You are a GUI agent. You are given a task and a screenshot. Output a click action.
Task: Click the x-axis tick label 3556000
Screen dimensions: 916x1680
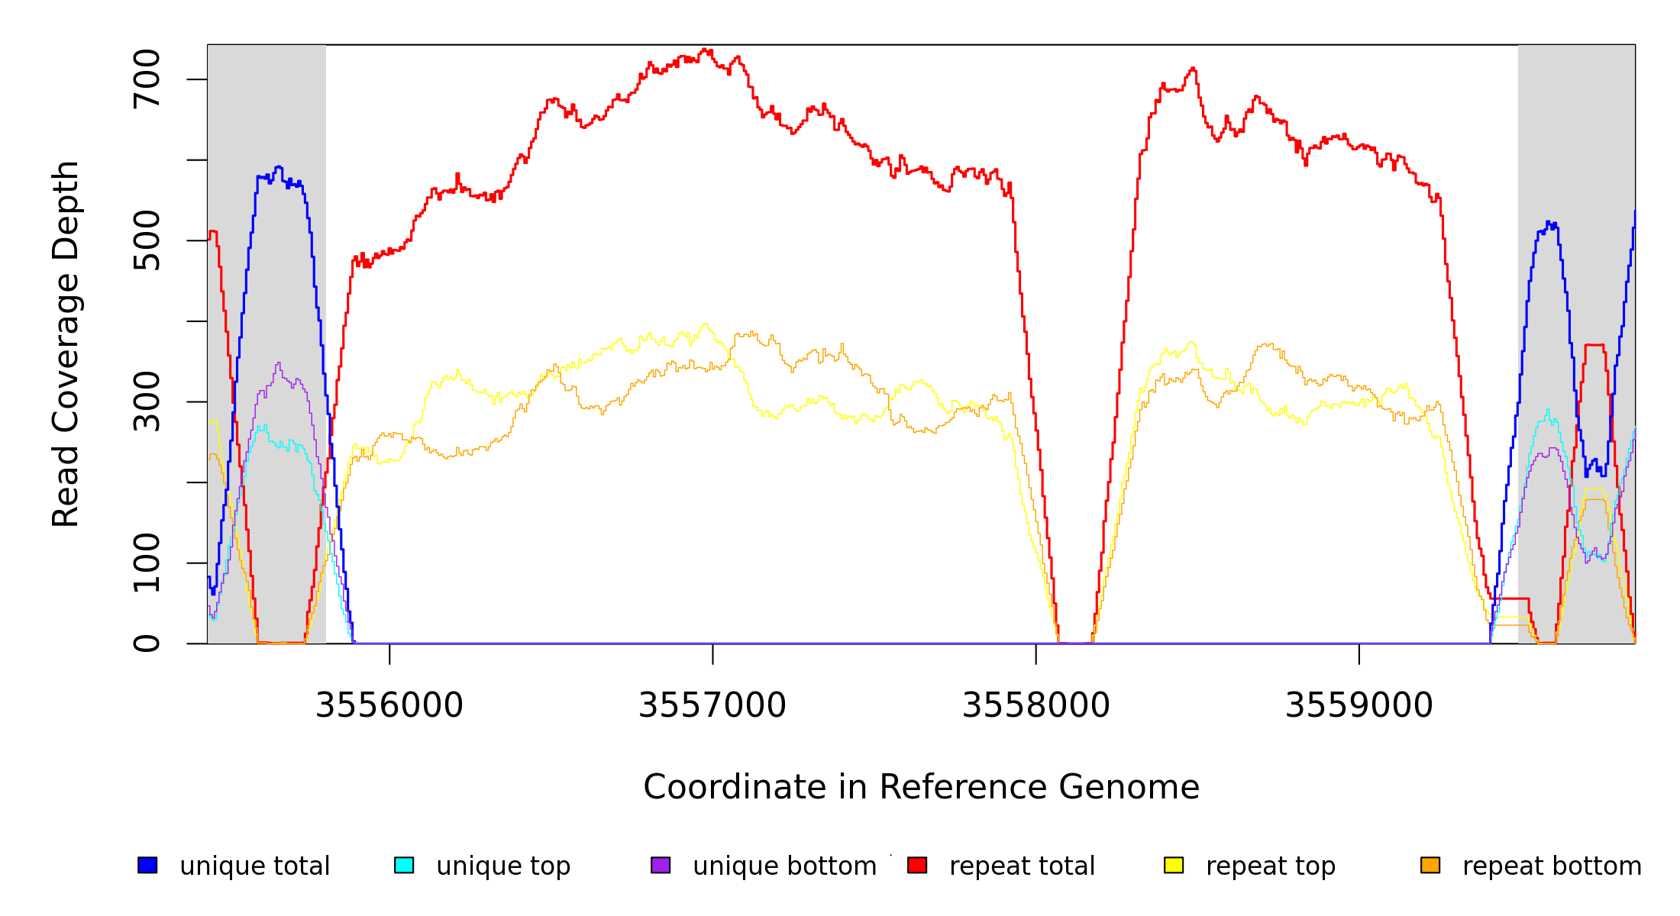pyautogui.click(x=389, y=705)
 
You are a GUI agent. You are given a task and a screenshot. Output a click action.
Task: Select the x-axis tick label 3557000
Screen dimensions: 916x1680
pyautogui.click(x=712, y=705)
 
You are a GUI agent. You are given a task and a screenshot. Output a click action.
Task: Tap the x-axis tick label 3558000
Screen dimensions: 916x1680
pyautogui.click(x=1035, y=705)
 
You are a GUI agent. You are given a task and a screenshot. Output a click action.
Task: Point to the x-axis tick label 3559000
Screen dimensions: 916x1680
pyautogui.click(x=1359, y=705)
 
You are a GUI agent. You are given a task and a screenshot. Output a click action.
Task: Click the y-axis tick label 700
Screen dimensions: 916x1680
pyautogui.click(x=147, y=79)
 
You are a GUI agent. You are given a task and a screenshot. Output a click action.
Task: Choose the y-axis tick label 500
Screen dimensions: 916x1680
pyautogui.click(x=147, y=240)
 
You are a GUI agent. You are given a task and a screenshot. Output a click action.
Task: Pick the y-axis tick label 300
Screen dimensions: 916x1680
pyautogui.click(x=147, y=402)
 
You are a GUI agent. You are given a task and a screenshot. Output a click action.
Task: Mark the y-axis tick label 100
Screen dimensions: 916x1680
pyautogui.click(x=147, y=563)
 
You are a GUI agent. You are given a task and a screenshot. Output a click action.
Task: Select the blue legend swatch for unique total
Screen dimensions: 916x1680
pyautogui.click(x=147, y=865)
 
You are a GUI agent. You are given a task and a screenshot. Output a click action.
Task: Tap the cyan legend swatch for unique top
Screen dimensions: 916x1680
pyautogui.click(x=404, y=865)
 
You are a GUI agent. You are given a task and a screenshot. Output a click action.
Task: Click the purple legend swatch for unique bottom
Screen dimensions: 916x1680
pyautogui.click(x=661, y=865)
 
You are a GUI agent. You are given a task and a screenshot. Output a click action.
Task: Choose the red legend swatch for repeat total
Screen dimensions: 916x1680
pyautogui.click(x=917, y=865)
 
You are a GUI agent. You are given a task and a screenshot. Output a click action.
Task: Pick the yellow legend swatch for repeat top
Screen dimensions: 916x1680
pyautogui.click(x=1174, y=865)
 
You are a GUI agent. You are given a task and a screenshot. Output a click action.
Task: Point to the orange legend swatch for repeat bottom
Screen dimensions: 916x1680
pyautogui.click(x=1430, y=865)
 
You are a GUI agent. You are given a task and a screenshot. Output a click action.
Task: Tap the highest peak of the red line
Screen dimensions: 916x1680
pyautogui.click(x=704, y=50)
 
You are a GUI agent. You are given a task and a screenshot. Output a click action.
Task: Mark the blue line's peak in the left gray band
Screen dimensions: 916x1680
pyautogui.click(x=279, y=166)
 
